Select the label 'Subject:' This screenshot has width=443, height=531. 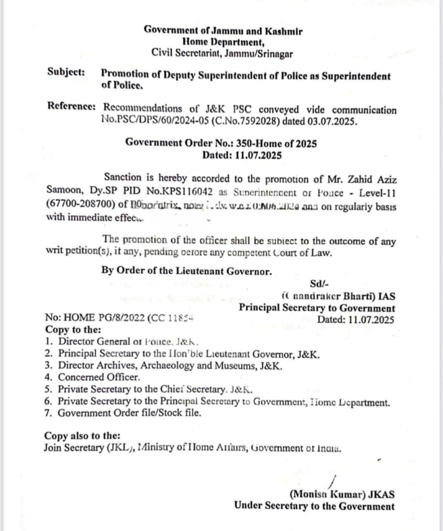point(65,74)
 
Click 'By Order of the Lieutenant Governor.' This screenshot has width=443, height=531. point(186,271)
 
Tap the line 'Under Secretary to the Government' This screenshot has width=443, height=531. point(313,506)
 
